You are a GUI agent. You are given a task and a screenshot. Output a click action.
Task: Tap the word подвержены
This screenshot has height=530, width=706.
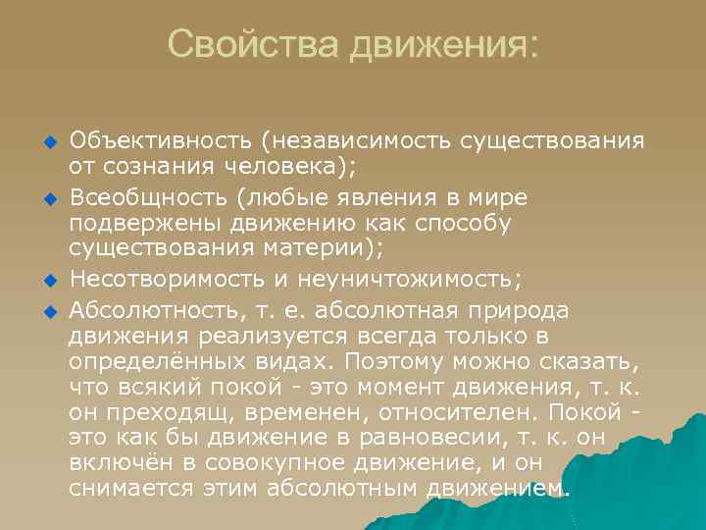[144, 225]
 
